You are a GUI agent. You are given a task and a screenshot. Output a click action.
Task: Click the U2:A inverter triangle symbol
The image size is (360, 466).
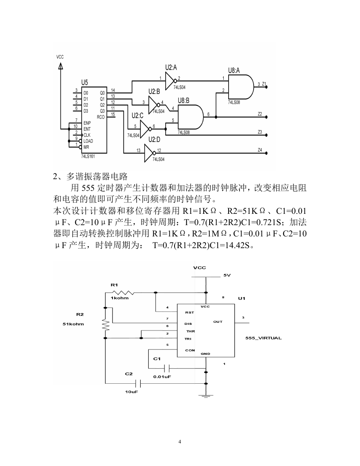pyautogui.click(x=171, y=81)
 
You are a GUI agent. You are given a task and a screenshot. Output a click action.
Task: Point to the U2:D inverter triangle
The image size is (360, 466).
pyautogui.click(x=150, y=153)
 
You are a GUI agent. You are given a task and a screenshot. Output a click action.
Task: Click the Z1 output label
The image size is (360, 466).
pyautogui.click(x=264, y=84)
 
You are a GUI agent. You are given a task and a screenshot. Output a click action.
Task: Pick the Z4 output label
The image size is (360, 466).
pyautogui.click(x=260, y=150)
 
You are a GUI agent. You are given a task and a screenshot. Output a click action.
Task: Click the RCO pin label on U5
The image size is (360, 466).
pyautogui.click(x=101, y=117)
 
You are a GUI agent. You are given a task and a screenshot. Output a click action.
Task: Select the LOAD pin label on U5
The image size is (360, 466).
pyautogui.click(x=88, y=141)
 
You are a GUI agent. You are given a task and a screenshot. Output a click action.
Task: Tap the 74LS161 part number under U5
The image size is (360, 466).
pyautogui.click(x=88, y=156)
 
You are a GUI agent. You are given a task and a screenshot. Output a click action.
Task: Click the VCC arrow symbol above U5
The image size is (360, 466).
pyautogui.click(x=60, y=66)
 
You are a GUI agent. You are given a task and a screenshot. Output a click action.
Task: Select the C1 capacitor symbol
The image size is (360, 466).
pyautogui.click(x=167, y=369)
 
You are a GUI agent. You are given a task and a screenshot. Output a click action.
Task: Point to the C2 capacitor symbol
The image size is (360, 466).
pyautogui.click(x=137, y=383)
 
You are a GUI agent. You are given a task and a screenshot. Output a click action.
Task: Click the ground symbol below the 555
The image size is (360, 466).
pyautogui.click(x=206, y=395)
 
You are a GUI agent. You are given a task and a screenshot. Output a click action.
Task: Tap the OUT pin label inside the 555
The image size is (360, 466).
pyautogui.click(x=218, y=322)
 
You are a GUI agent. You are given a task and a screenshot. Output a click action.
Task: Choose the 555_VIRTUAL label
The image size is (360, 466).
pyautogui.click(x=264, y=338)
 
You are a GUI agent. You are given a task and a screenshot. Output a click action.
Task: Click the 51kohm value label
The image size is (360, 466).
pyautogui.click(x=73, y=324)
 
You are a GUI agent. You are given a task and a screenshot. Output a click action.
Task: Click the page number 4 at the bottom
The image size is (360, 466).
pyautogui.click(x=180, y=442)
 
